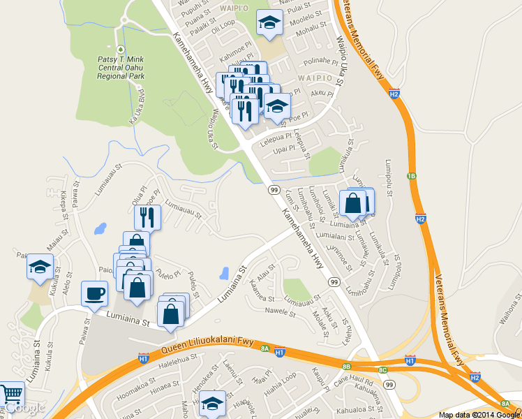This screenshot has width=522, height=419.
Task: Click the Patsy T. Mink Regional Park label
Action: [x=120, y=68]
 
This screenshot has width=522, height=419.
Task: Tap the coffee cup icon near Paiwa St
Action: [x=94, y=294]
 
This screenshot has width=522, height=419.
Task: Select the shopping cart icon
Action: [x=10, y=395]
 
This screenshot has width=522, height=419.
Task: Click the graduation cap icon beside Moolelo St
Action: [x=269, y=23]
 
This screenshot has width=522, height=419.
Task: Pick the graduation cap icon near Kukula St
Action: [x=40, y=267]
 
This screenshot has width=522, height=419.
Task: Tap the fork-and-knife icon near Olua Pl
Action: [x=147, y=217]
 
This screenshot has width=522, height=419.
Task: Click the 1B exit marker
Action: [x=412, y=176]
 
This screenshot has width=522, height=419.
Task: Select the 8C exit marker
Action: [x=382, y=369]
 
